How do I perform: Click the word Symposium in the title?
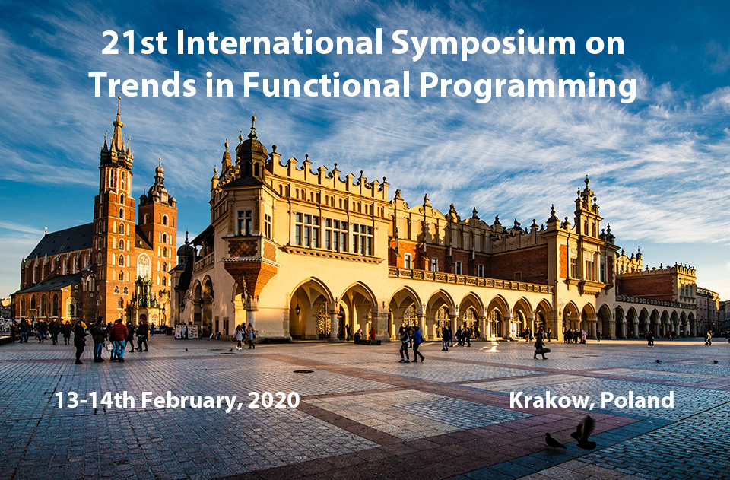[x=484, y=43]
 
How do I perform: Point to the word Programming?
[x=527, y=87]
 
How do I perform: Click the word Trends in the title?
[x=142, y=84]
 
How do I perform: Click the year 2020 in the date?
[x=274, y=400]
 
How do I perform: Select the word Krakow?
[x=552, y=400]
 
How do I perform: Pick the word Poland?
[x=637, y=400]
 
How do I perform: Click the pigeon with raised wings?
[x=584, y=433]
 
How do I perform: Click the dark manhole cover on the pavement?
[x=303, y=371]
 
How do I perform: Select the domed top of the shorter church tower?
[x=159, y=186]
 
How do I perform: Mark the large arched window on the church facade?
[x=144, y=265]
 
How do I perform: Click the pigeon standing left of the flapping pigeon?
[x=554, y=440]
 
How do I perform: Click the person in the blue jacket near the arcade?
[x=417, y=344]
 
